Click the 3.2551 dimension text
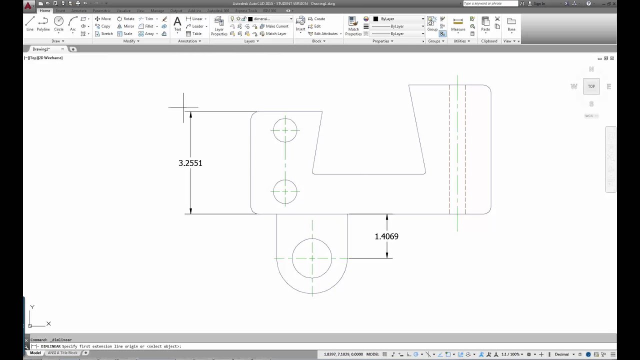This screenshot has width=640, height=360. tap(190, 163)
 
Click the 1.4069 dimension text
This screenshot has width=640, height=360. tap(386, 236)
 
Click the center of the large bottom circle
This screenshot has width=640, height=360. tap(312, 258)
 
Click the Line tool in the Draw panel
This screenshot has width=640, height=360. tap(30, 23)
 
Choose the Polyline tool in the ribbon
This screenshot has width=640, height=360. tap(43, 23)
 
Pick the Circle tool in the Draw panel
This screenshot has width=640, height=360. tap(59, 23)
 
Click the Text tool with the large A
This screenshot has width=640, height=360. tap(177, 23)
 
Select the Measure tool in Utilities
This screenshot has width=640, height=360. tap(458, 23)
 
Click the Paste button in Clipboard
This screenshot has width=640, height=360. tap(485, 23)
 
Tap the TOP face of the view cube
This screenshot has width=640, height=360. tap(591, 86)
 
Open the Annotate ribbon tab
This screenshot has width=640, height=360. tap(78, 10)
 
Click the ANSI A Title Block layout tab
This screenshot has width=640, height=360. tap(62, 353)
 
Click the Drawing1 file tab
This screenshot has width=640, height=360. tap(41, 49)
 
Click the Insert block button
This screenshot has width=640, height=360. tap(300, 23)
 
